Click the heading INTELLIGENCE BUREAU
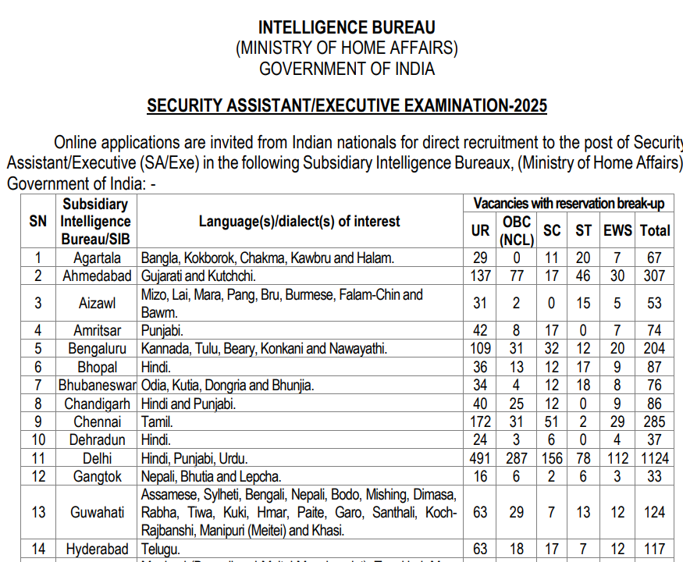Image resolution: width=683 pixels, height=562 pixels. tap(347, 28)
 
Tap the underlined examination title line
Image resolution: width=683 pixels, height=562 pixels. tap(347, 106)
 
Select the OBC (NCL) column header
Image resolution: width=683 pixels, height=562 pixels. tap(517, 230)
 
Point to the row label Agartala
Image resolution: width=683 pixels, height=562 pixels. tap(97, 258)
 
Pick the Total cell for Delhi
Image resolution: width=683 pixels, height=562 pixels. tap(655, 458)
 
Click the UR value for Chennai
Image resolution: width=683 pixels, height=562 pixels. tap(481, 422)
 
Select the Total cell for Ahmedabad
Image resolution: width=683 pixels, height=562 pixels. tap(655, 276)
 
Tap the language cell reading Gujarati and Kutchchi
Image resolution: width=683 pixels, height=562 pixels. tap(198, 276)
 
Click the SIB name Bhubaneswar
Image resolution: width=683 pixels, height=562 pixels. tap(97, 386)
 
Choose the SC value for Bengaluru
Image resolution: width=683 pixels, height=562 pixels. tap(552, 349)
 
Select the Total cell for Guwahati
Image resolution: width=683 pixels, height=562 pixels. tap(655, 513)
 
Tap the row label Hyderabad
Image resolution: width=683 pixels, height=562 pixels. tap(97, 550)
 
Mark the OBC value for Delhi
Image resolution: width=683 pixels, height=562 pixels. tap(517, 458)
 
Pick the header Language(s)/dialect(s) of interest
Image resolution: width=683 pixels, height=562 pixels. tap(299, 222)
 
